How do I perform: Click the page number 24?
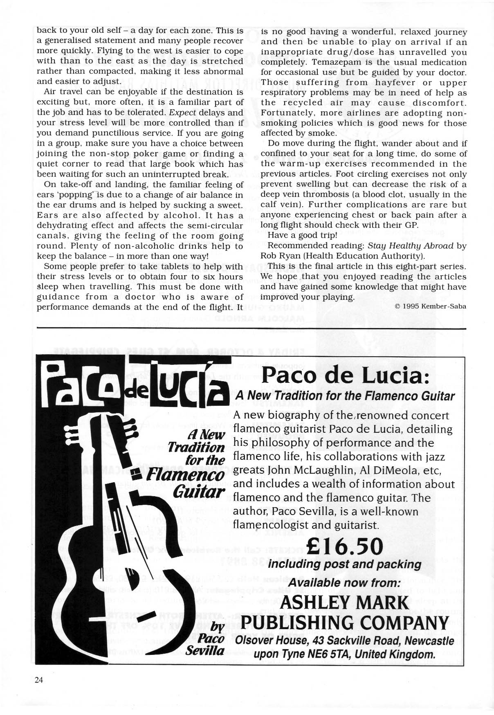tap(39, 680)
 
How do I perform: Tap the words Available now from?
tap(345, 583)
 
